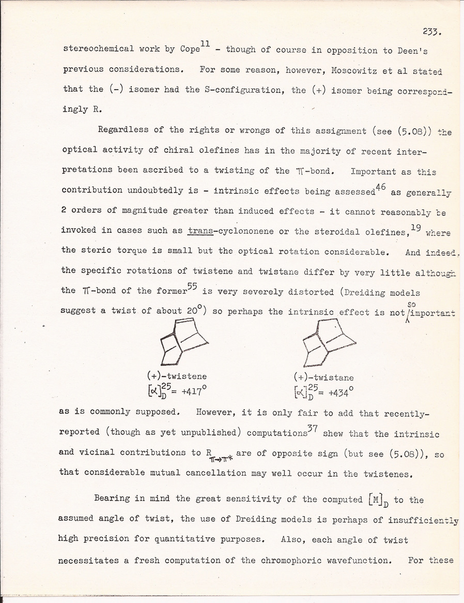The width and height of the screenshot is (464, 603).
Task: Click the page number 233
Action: point(430,31)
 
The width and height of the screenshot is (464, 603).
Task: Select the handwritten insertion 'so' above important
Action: point(411,304)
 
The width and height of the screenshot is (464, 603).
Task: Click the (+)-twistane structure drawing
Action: point(328,342)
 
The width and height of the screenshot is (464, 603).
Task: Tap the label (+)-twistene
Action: point(177,376)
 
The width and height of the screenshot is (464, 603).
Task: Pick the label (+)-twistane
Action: point(324,378)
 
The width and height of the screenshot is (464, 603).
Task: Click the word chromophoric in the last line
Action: point(293,560)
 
